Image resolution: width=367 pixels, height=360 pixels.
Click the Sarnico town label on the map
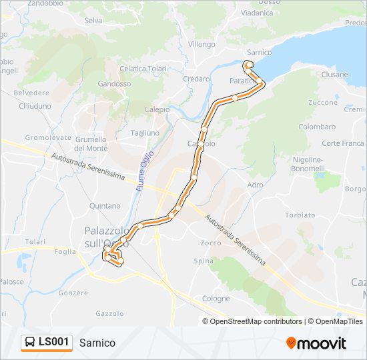pyautogui.click(x=259, y=52)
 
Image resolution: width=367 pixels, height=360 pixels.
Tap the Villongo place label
pyautogui.click(x=202, y=44)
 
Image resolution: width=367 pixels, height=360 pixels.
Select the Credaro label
pyautogui.click(x=196, y=79)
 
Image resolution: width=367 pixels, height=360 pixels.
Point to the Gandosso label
pyautogui.click(x=114, y=84)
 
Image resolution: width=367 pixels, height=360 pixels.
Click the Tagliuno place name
pyautogui.click(x=145, y=133)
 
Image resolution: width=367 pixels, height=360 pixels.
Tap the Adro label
pyautogui.click(x=255, y=184)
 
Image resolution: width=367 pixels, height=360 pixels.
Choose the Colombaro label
pyautogui.click(x=317, y=127)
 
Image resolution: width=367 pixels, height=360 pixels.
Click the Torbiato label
pyautogui.click(x=300, y=215)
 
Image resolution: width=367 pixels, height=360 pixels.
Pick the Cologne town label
pyautogui.click(x=216, y=299)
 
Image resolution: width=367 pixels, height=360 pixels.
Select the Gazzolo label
pyautogui.click(x=109, y=313)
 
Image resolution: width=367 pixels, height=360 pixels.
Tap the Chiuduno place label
pyautogui.click(x=35, y=106)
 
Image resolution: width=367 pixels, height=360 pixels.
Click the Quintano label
pyautogui.click(x=105, y=206)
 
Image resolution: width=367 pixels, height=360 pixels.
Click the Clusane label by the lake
pyautogui.click(x=334, y=75)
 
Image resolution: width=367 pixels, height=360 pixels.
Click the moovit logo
pyautogui.click(x=316, y=343)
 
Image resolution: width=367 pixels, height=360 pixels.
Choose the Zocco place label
pyautogui.click(x=211, y=243)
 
